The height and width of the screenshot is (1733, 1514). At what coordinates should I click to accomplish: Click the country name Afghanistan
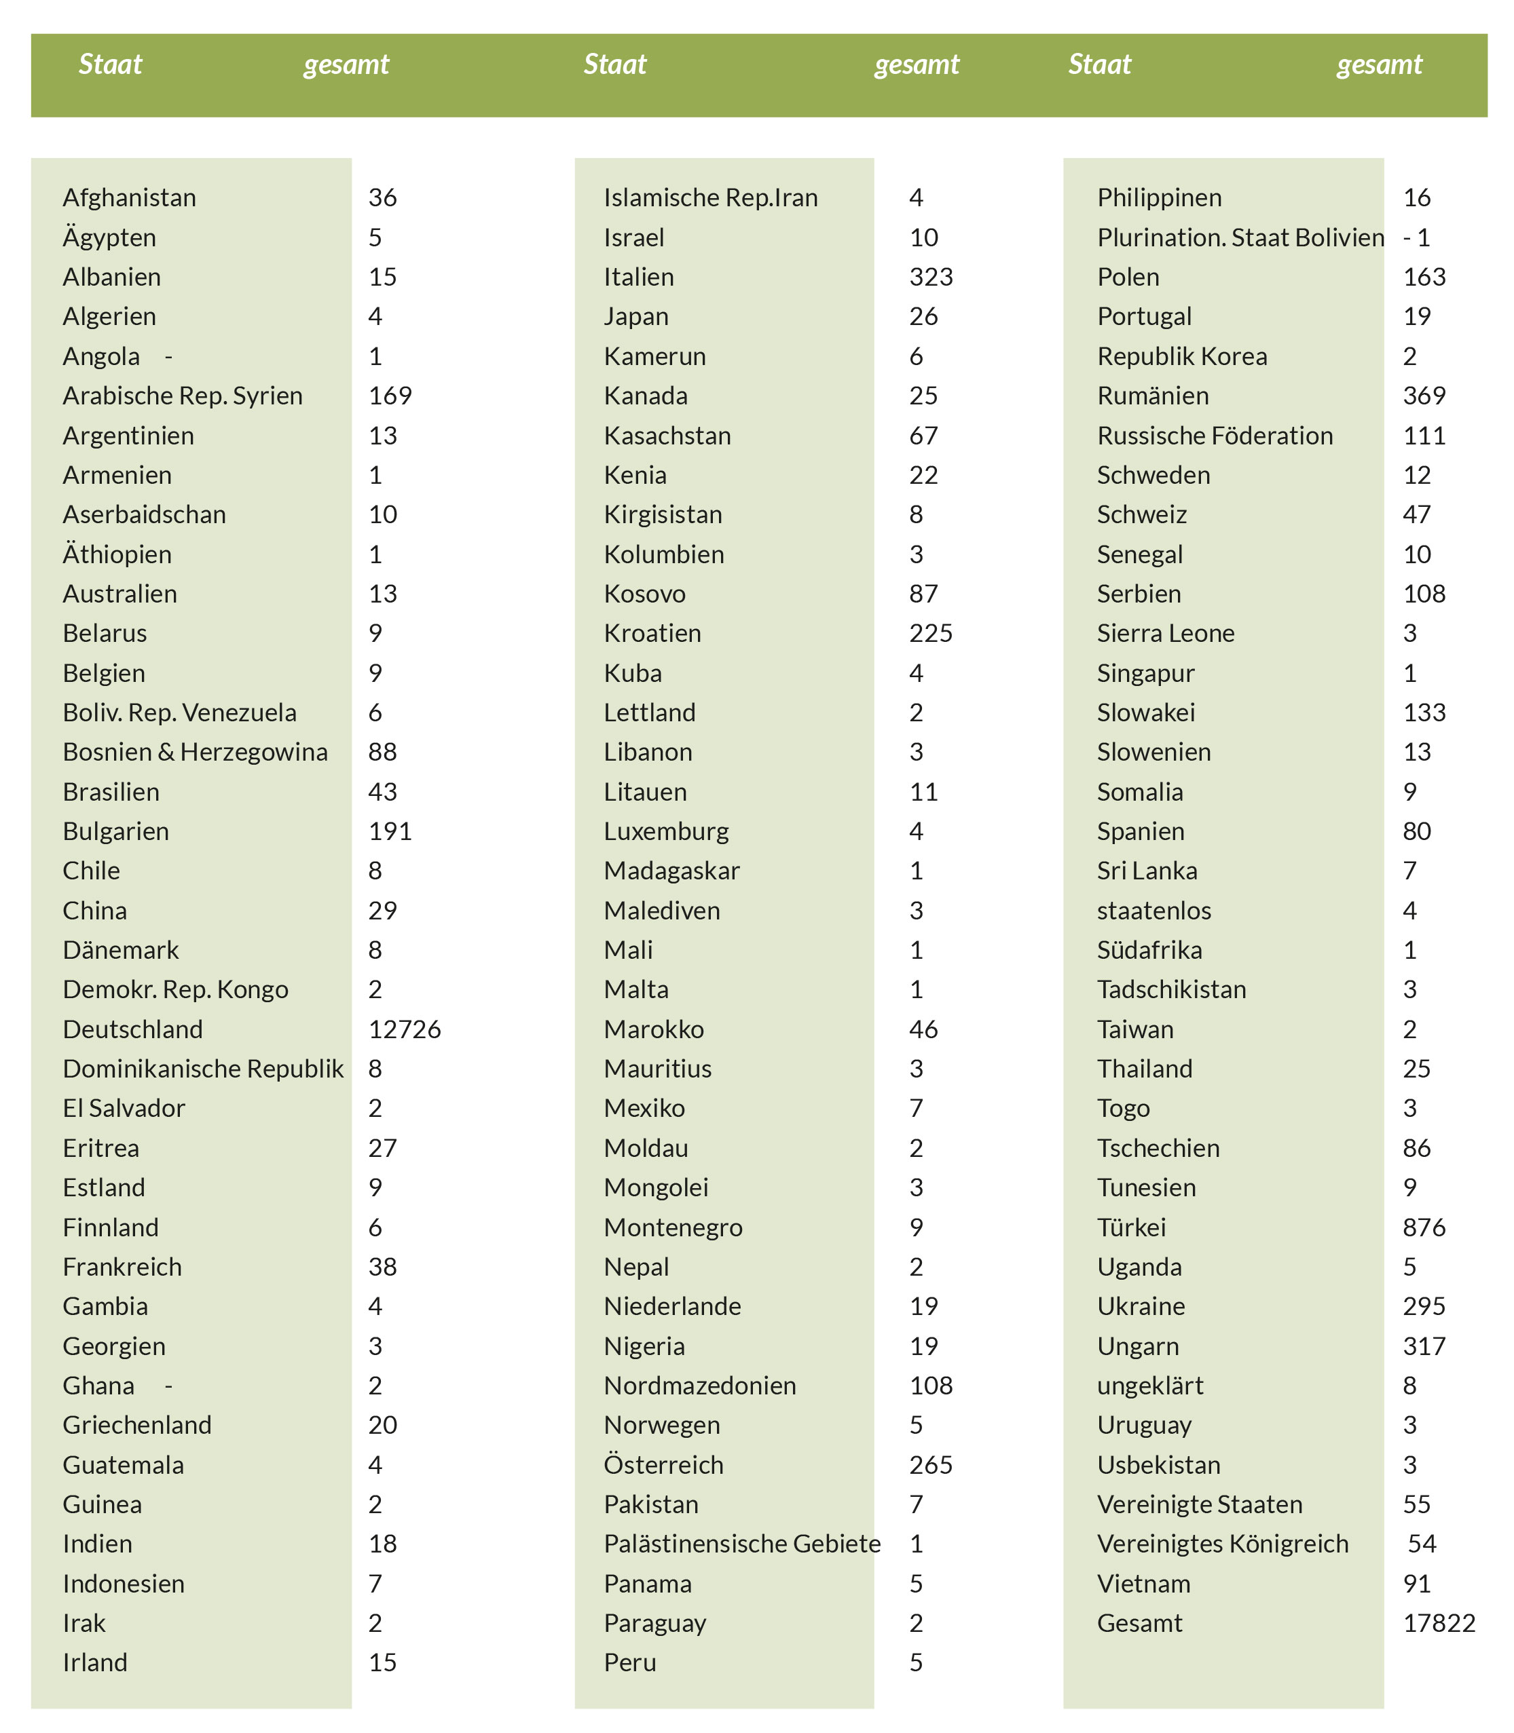[129, 197]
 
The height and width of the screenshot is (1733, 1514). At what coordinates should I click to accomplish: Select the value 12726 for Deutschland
[405, 1029]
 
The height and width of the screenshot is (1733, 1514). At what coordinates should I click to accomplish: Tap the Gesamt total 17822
[1439, 1623]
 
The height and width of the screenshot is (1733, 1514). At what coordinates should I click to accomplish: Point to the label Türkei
[1131, 1227]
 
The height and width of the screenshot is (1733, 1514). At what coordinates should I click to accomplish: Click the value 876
[1424, 1227]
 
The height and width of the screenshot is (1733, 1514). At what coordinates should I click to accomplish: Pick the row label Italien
[639, 277]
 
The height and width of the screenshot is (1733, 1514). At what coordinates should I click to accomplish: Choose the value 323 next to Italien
[931, 277]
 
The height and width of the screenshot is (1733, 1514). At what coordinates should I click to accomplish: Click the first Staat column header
[110, 64]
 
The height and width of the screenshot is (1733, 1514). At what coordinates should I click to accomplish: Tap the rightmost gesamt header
[1379, 64]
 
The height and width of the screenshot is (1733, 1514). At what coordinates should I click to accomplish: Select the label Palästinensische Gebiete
[742, 1544]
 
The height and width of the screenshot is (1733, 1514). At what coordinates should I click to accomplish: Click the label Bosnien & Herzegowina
[195, 753]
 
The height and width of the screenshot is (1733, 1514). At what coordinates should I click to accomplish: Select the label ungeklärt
[1150, 1386]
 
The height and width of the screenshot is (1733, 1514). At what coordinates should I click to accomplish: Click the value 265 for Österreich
[931, 1465]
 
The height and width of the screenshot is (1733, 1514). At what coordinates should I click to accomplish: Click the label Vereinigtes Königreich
[1223, 1544]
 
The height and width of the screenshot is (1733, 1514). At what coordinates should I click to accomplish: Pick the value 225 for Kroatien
[931, 633]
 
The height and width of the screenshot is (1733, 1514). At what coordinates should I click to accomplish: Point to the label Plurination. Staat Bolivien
[1240, 238]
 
